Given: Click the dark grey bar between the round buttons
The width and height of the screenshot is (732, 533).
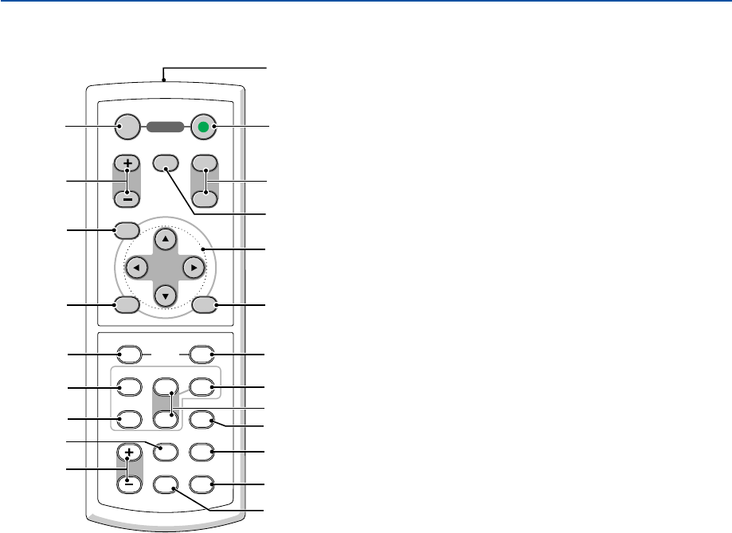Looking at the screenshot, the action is point(166,127).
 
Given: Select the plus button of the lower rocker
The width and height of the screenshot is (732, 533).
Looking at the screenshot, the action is point(127,453).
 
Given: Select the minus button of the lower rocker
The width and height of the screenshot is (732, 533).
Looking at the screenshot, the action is point(127,483).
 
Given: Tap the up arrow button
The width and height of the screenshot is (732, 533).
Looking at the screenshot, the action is point(164,238).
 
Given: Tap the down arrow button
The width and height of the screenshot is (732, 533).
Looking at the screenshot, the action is point(164,294).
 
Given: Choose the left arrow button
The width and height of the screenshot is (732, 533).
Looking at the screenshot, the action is point(136,267).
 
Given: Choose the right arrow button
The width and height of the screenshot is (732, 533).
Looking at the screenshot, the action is point(192,267).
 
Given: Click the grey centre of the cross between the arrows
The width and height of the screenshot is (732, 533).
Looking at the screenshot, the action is point(164,267).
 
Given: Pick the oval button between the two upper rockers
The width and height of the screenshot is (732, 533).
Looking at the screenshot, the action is point(166,162).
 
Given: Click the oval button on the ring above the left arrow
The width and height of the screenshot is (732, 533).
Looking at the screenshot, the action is point(127,231).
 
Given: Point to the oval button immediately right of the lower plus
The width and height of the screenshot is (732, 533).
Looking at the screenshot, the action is point(166,451).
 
